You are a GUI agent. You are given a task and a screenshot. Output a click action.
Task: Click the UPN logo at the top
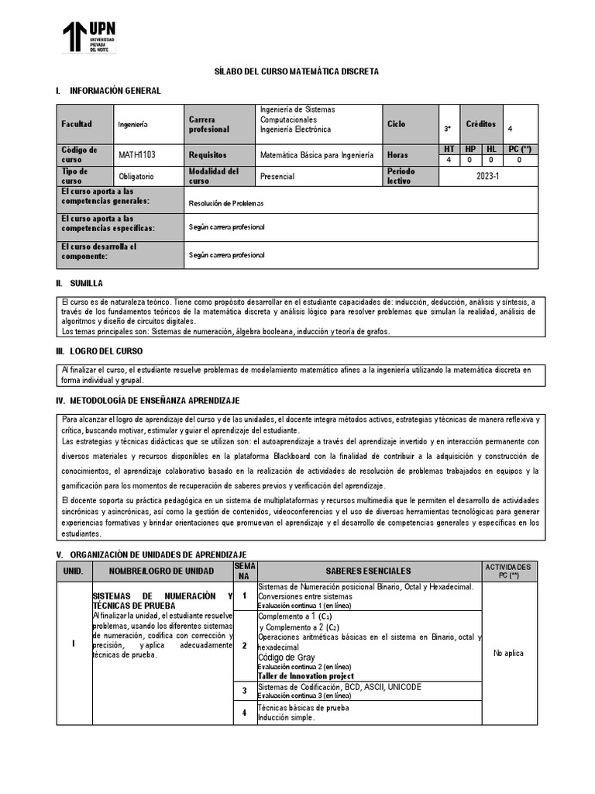pyautogui.click(x=90, y=36)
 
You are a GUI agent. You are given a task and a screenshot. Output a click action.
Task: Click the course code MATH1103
pyautogui.click(x=137, y=155)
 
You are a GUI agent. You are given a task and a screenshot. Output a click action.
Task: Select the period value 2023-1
pyautogui.click(x=488, y=176)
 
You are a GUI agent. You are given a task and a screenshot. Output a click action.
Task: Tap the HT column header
pyautogui.click(x=449, y=148)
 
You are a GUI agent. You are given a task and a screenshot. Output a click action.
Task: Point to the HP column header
pyautogui.click(x=470, y=148)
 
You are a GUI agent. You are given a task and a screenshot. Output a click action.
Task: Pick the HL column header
pyautogui.click(x=491, y=148)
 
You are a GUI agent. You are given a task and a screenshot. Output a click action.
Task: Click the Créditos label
pyautogui.click(x=480, y=124)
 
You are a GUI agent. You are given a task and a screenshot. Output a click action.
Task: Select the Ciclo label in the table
pyautogui.click(x=396, y=124)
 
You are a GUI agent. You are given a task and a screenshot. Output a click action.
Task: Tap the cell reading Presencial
pyautogui.click(x=277, y=177)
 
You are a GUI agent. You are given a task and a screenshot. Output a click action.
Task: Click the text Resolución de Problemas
pyautogui.click(x=226, y=204)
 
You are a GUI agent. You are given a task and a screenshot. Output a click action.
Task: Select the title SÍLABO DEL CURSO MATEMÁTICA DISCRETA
pyautogui.click(x=297, y=71)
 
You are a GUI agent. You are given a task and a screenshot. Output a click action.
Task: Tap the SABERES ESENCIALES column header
pyautogui.click(x=369, y=571)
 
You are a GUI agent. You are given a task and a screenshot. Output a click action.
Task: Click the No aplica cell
pyautogui.click(x=508, y=653)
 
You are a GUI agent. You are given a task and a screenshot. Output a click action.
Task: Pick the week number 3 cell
pyautogui.click(x=244, y=690)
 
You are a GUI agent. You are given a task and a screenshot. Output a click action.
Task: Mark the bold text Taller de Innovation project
pyautogui.click(x=306, y=676)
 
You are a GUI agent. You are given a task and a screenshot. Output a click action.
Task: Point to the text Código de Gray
pyautogui.click(x=287, y=658)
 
